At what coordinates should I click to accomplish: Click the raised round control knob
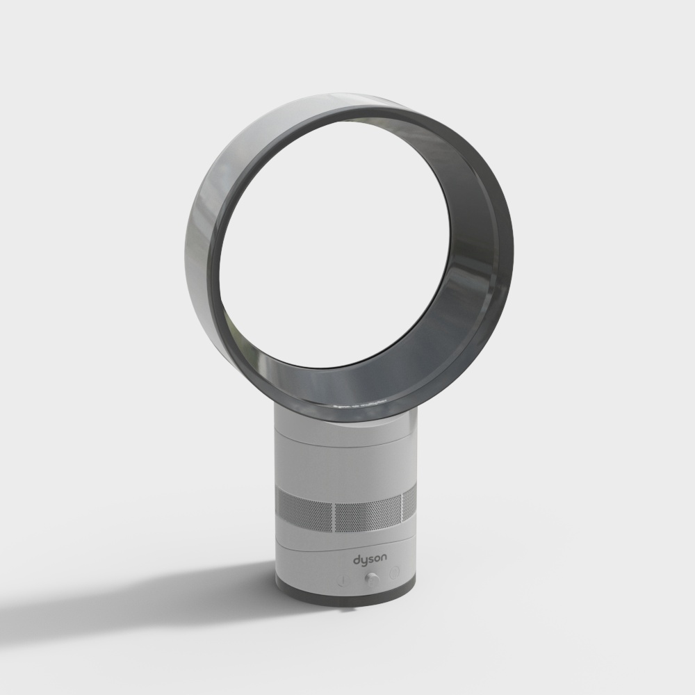point(372,578)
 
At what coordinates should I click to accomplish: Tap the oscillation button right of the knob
point(395,574)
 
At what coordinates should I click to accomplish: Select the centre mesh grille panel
point(367,515)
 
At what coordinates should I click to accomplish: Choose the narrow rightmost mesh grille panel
point(409,506)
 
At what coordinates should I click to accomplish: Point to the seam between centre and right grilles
point(402,510)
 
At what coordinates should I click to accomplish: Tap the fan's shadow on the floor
point(139,598)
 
